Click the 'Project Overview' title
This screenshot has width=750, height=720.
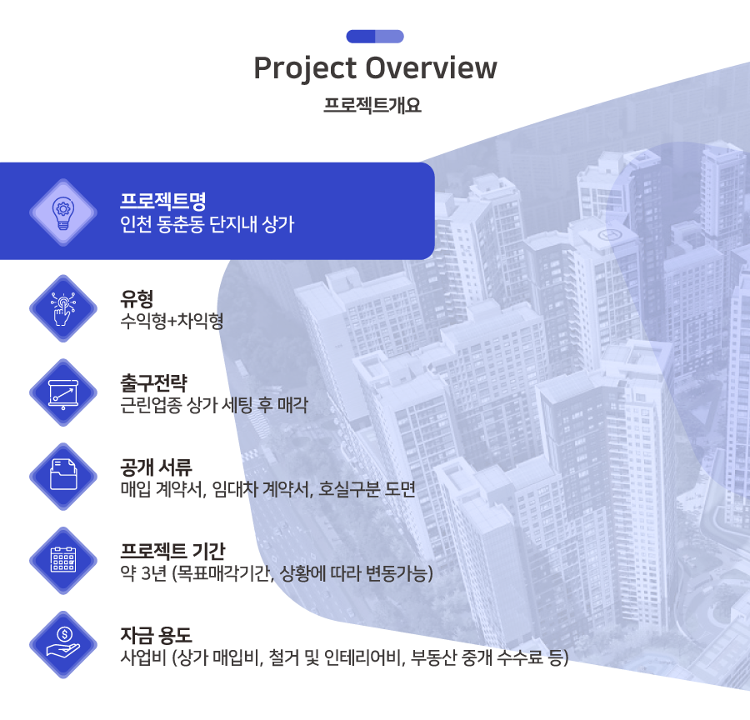point(375,68)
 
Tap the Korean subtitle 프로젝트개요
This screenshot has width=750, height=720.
point(372,105)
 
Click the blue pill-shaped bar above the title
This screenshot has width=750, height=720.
point(375,37)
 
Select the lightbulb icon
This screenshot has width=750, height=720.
point(63,212)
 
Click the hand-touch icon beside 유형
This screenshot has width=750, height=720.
point(63,308)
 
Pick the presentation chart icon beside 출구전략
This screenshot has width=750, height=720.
point(63,392)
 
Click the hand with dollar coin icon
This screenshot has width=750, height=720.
point(63,644)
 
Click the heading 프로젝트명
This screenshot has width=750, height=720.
point(162,201)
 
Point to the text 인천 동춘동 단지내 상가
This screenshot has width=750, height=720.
point(207,224)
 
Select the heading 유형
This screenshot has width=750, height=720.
point(137,298)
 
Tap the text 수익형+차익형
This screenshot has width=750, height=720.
point(172,321)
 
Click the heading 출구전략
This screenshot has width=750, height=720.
point(153,382)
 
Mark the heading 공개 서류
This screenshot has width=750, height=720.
point(156,467)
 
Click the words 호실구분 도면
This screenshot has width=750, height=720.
point(367,489)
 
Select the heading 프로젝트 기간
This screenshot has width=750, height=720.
point(172,551)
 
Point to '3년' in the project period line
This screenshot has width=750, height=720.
point(153,573)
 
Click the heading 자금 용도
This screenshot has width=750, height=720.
point(156,635)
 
